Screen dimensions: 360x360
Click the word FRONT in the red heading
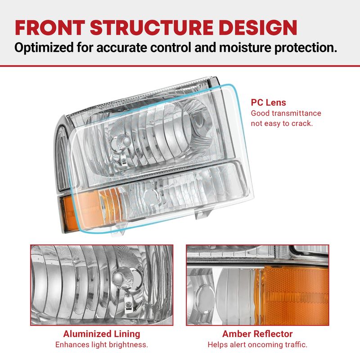[x=50, y=27]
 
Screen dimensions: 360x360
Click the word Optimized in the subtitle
[x=44, y=48]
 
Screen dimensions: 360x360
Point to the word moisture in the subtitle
[x=245, y=48]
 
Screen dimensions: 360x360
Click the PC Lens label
[x=268, y=103]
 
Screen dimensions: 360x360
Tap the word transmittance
[x=297, y=113]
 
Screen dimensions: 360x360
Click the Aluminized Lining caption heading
[x=102, y=334]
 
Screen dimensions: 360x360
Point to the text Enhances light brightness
[x=102, y=345]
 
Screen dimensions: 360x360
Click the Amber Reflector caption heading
[x=257, y=334]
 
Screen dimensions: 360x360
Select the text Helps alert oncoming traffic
[x=257, y=345]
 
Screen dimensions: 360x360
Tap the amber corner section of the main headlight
[x=90, y=208]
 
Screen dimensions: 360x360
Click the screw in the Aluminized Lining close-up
[x=127, y=305]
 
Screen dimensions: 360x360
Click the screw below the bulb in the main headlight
[x=123, y=160]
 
